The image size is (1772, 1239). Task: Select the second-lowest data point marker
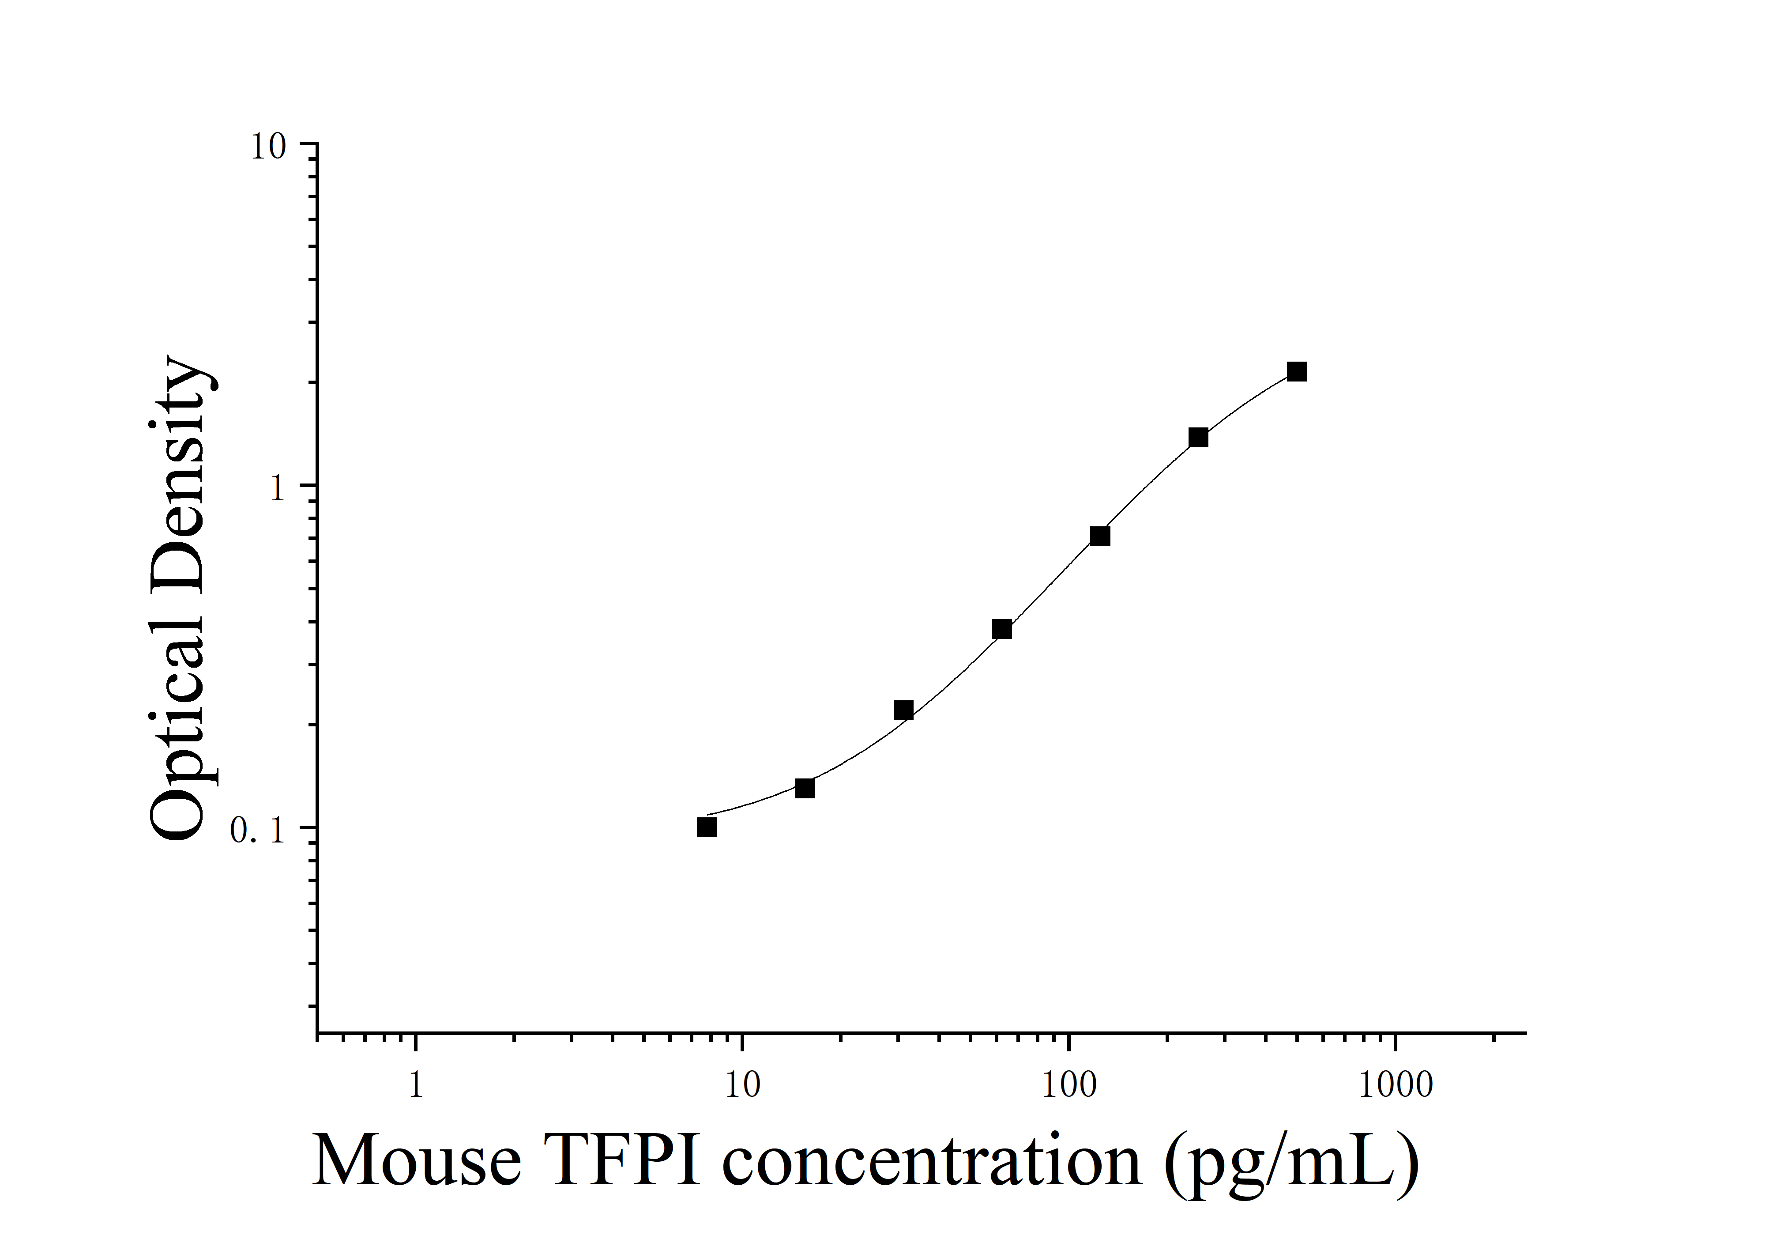click(805, 788)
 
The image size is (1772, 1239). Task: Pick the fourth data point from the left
click(1002, 629)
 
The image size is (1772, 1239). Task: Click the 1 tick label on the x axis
click(416, 1085)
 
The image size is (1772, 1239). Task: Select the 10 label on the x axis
click(742, 1085)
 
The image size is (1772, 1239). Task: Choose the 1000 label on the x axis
click(1396, 1085)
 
